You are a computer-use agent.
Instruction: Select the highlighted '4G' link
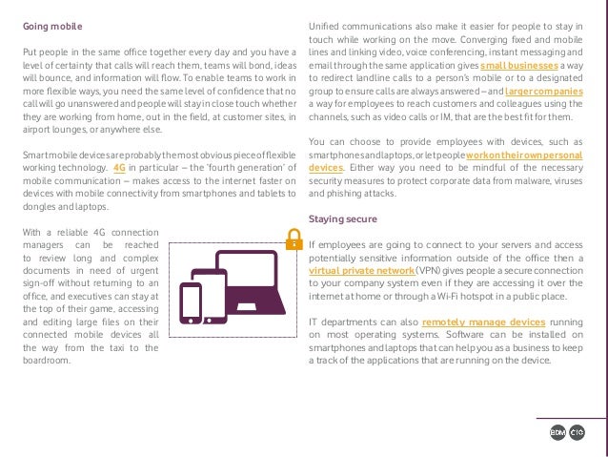119,166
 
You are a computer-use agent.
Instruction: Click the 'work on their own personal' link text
525,154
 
